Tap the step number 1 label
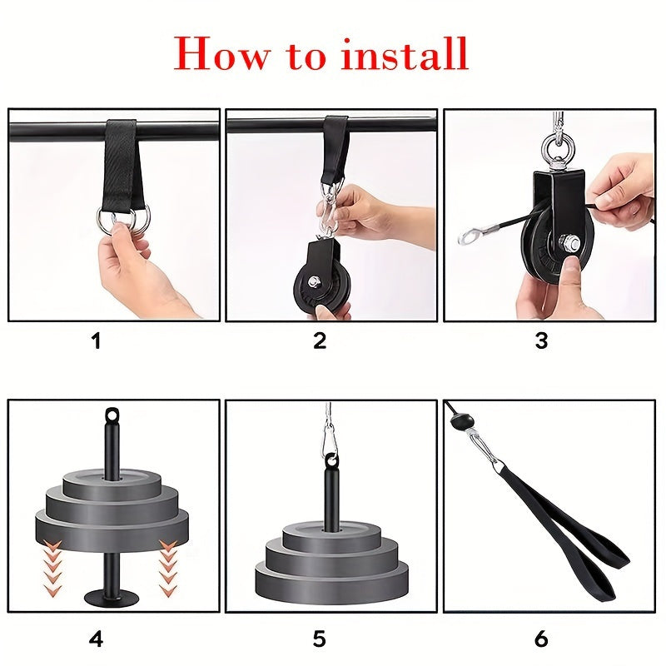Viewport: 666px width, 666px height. (96, 341)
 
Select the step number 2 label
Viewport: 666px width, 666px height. (320, 341)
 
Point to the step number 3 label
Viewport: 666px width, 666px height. (542, 341)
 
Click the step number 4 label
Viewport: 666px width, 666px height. (96, 639)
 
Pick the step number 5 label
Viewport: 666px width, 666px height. (320, 639)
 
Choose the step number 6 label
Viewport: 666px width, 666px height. (542, 639)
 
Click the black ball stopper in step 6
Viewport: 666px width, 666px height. (460, 422)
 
